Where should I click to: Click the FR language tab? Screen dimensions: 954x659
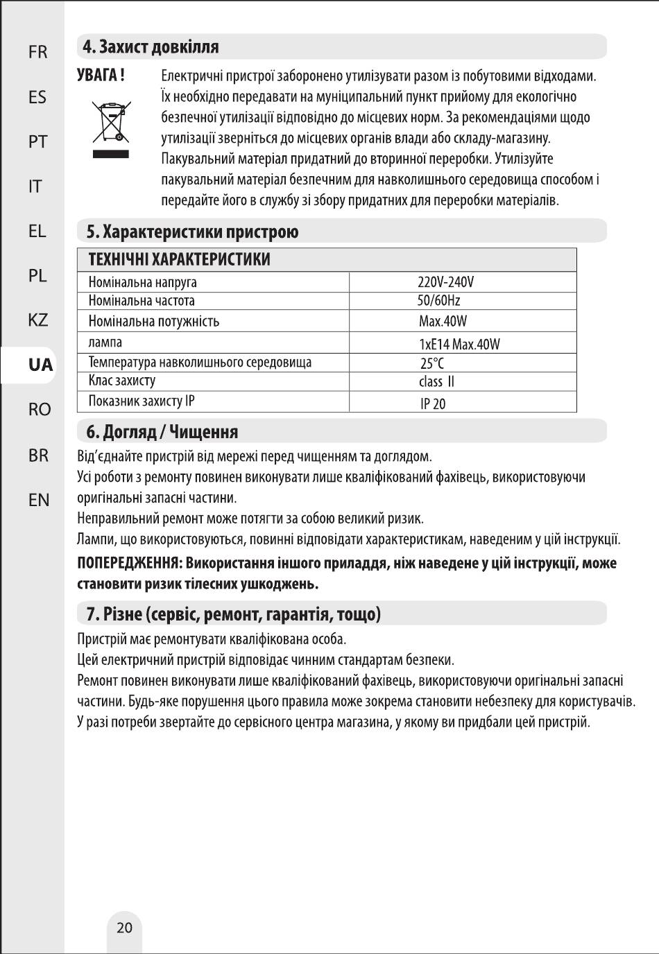(38, 53)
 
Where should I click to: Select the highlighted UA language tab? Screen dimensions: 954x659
(40, 365)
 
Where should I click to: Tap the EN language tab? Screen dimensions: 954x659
(39, 500)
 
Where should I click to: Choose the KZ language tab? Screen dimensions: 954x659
(38, 320)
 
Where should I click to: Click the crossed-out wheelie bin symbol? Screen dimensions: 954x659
(111, 123)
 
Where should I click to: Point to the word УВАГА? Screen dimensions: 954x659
(101, 75)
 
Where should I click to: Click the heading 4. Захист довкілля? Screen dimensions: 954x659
(151, 47)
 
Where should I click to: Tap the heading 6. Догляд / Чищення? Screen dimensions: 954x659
(162, 432)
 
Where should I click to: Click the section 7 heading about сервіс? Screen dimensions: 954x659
(233, 614)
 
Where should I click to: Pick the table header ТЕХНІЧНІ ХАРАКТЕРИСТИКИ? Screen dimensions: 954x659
(179, 260)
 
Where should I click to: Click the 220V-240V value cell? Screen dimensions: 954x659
(445, 282)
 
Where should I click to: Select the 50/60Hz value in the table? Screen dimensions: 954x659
(438, 301)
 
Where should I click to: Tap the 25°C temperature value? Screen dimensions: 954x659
(432, 363)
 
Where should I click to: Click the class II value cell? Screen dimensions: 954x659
(436, 382)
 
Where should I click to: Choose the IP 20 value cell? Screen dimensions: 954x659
(433, 404)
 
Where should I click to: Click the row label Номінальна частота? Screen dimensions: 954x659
(142, 301)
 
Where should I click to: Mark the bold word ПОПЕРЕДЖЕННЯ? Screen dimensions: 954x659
(129, 563)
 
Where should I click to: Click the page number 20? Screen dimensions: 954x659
(124, 928)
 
